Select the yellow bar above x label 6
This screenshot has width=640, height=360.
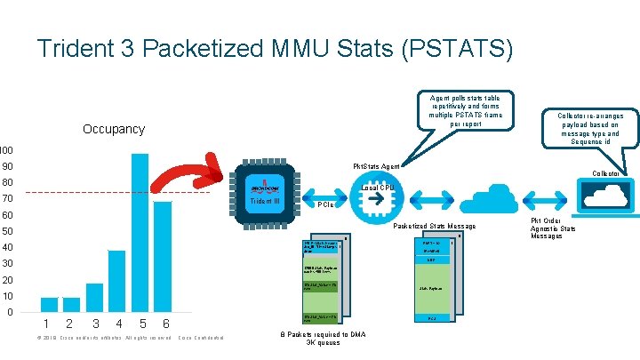pyautogui.click(x=162, y=257)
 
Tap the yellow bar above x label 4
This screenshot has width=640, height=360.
pyautogui.click(x=116, y=281)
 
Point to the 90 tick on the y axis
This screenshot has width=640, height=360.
pyautogui.click(x=7, y=167)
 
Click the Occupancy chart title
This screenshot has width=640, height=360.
pyautogui.click(x=113, y=130)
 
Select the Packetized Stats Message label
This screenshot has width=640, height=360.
pyautogui.click(x=434, y=227)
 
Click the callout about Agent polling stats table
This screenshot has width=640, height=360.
pyautogui.click(x=466, y=110)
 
